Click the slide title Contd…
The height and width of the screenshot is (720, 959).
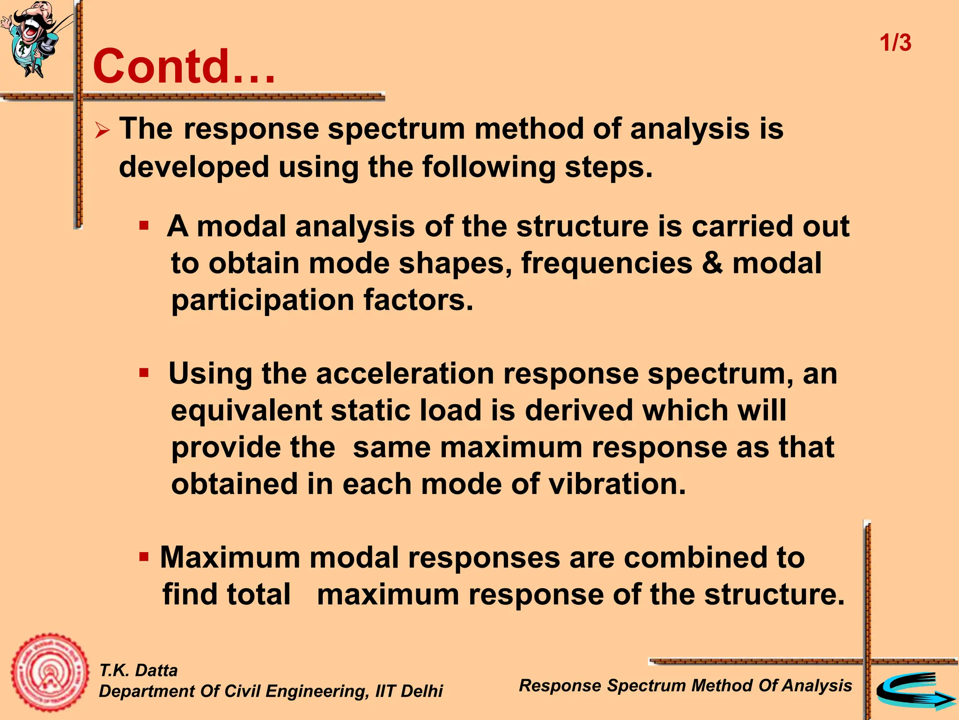184,67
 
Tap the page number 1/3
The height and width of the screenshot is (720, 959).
895,43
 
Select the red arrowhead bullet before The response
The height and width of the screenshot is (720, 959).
102,130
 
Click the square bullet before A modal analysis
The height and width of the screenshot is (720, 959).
144,226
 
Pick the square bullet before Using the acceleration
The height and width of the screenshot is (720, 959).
144,374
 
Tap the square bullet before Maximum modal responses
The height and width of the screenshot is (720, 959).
144,557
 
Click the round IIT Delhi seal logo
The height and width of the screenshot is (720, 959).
50,673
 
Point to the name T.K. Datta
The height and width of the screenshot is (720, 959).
138,670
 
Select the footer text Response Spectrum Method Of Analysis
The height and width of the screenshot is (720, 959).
685,685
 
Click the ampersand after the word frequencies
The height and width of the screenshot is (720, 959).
712,263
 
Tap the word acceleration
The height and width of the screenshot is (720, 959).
405,374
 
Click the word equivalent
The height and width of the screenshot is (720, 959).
246,410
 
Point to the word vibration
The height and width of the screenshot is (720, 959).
617,484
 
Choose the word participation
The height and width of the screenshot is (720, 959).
263,300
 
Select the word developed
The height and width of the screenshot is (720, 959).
194,167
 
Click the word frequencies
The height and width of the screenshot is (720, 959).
606,263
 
